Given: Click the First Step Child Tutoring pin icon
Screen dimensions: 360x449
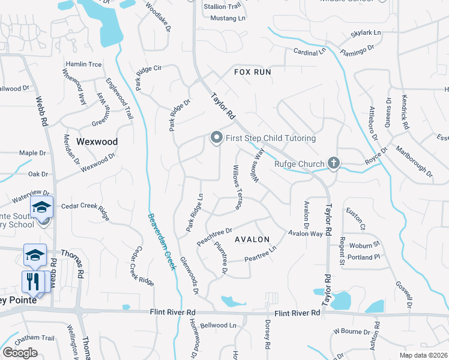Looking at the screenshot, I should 216,138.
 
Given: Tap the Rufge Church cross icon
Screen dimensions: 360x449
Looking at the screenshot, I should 334,163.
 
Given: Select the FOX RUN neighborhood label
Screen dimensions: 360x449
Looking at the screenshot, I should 253,72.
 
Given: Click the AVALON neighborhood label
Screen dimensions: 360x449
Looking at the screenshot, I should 252,239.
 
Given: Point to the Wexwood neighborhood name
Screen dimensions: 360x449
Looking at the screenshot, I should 97,142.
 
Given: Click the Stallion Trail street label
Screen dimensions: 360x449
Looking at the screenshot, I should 222,7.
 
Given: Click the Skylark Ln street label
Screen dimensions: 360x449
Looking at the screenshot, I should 366,32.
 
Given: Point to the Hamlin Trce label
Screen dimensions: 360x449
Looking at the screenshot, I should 83,64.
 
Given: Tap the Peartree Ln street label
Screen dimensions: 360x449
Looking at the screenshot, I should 261,254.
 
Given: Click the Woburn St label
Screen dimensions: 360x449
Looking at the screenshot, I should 365,245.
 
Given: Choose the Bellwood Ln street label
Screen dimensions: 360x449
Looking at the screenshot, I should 218,326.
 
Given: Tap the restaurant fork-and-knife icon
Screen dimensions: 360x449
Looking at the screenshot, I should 32,281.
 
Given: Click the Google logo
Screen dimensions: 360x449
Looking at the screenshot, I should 20,353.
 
